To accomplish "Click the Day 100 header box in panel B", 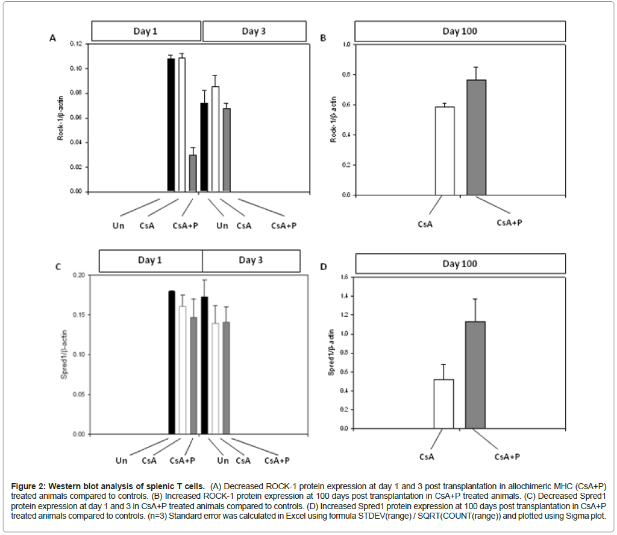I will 460,31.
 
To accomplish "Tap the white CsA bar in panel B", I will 445,151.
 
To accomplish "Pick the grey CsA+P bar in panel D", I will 475,375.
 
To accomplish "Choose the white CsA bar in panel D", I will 444,404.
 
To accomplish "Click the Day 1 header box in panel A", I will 146,31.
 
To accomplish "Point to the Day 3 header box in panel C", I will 251,261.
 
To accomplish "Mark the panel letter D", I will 323,267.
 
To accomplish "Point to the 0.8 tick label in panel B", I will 345,75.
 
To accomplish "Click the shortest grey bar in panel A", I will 192,173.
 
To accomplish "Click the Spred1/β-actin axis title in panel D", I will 331,353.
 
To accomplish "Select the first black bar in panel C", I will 172,362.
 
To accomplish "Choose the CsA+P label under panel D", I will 507,457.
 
